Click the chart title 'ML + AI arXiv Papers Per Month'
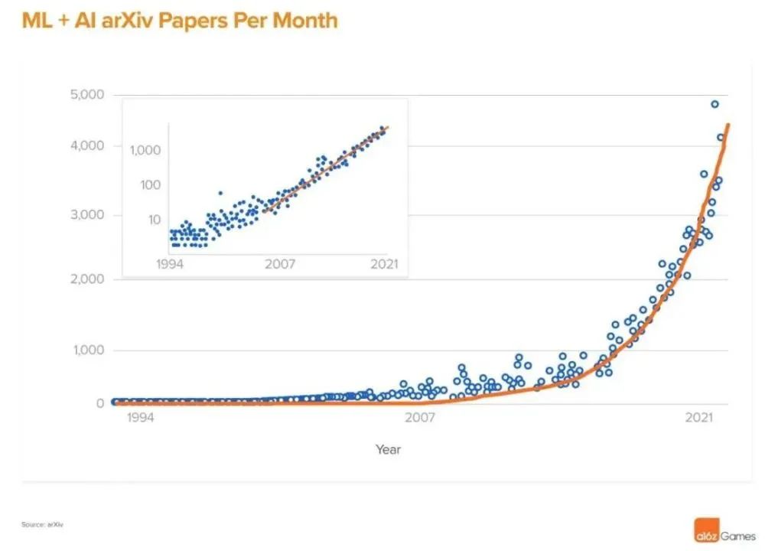tap(180, 20)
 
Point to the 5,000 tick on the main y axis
tap(87, 95)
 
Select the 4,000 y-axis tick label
tap(87, 146)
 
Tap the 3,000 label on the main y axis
tap(87, 215)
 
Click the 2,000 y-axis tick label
tap(87, 279)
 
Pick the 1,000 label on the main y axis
tap(87, 350)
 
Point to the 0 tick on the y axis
tap(99, 403)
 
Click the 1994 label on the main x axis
tap(141, 417)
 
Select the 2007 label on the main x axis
tap(420, 417)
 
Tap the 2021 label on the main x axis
tap(700, 417)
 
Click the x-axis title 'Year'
tap(388, 449)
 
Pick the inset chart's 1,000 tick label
tap(145, 150)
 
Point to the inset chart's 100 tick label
tap(150, 184)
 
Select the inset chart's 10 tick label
tap(154, 220)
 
